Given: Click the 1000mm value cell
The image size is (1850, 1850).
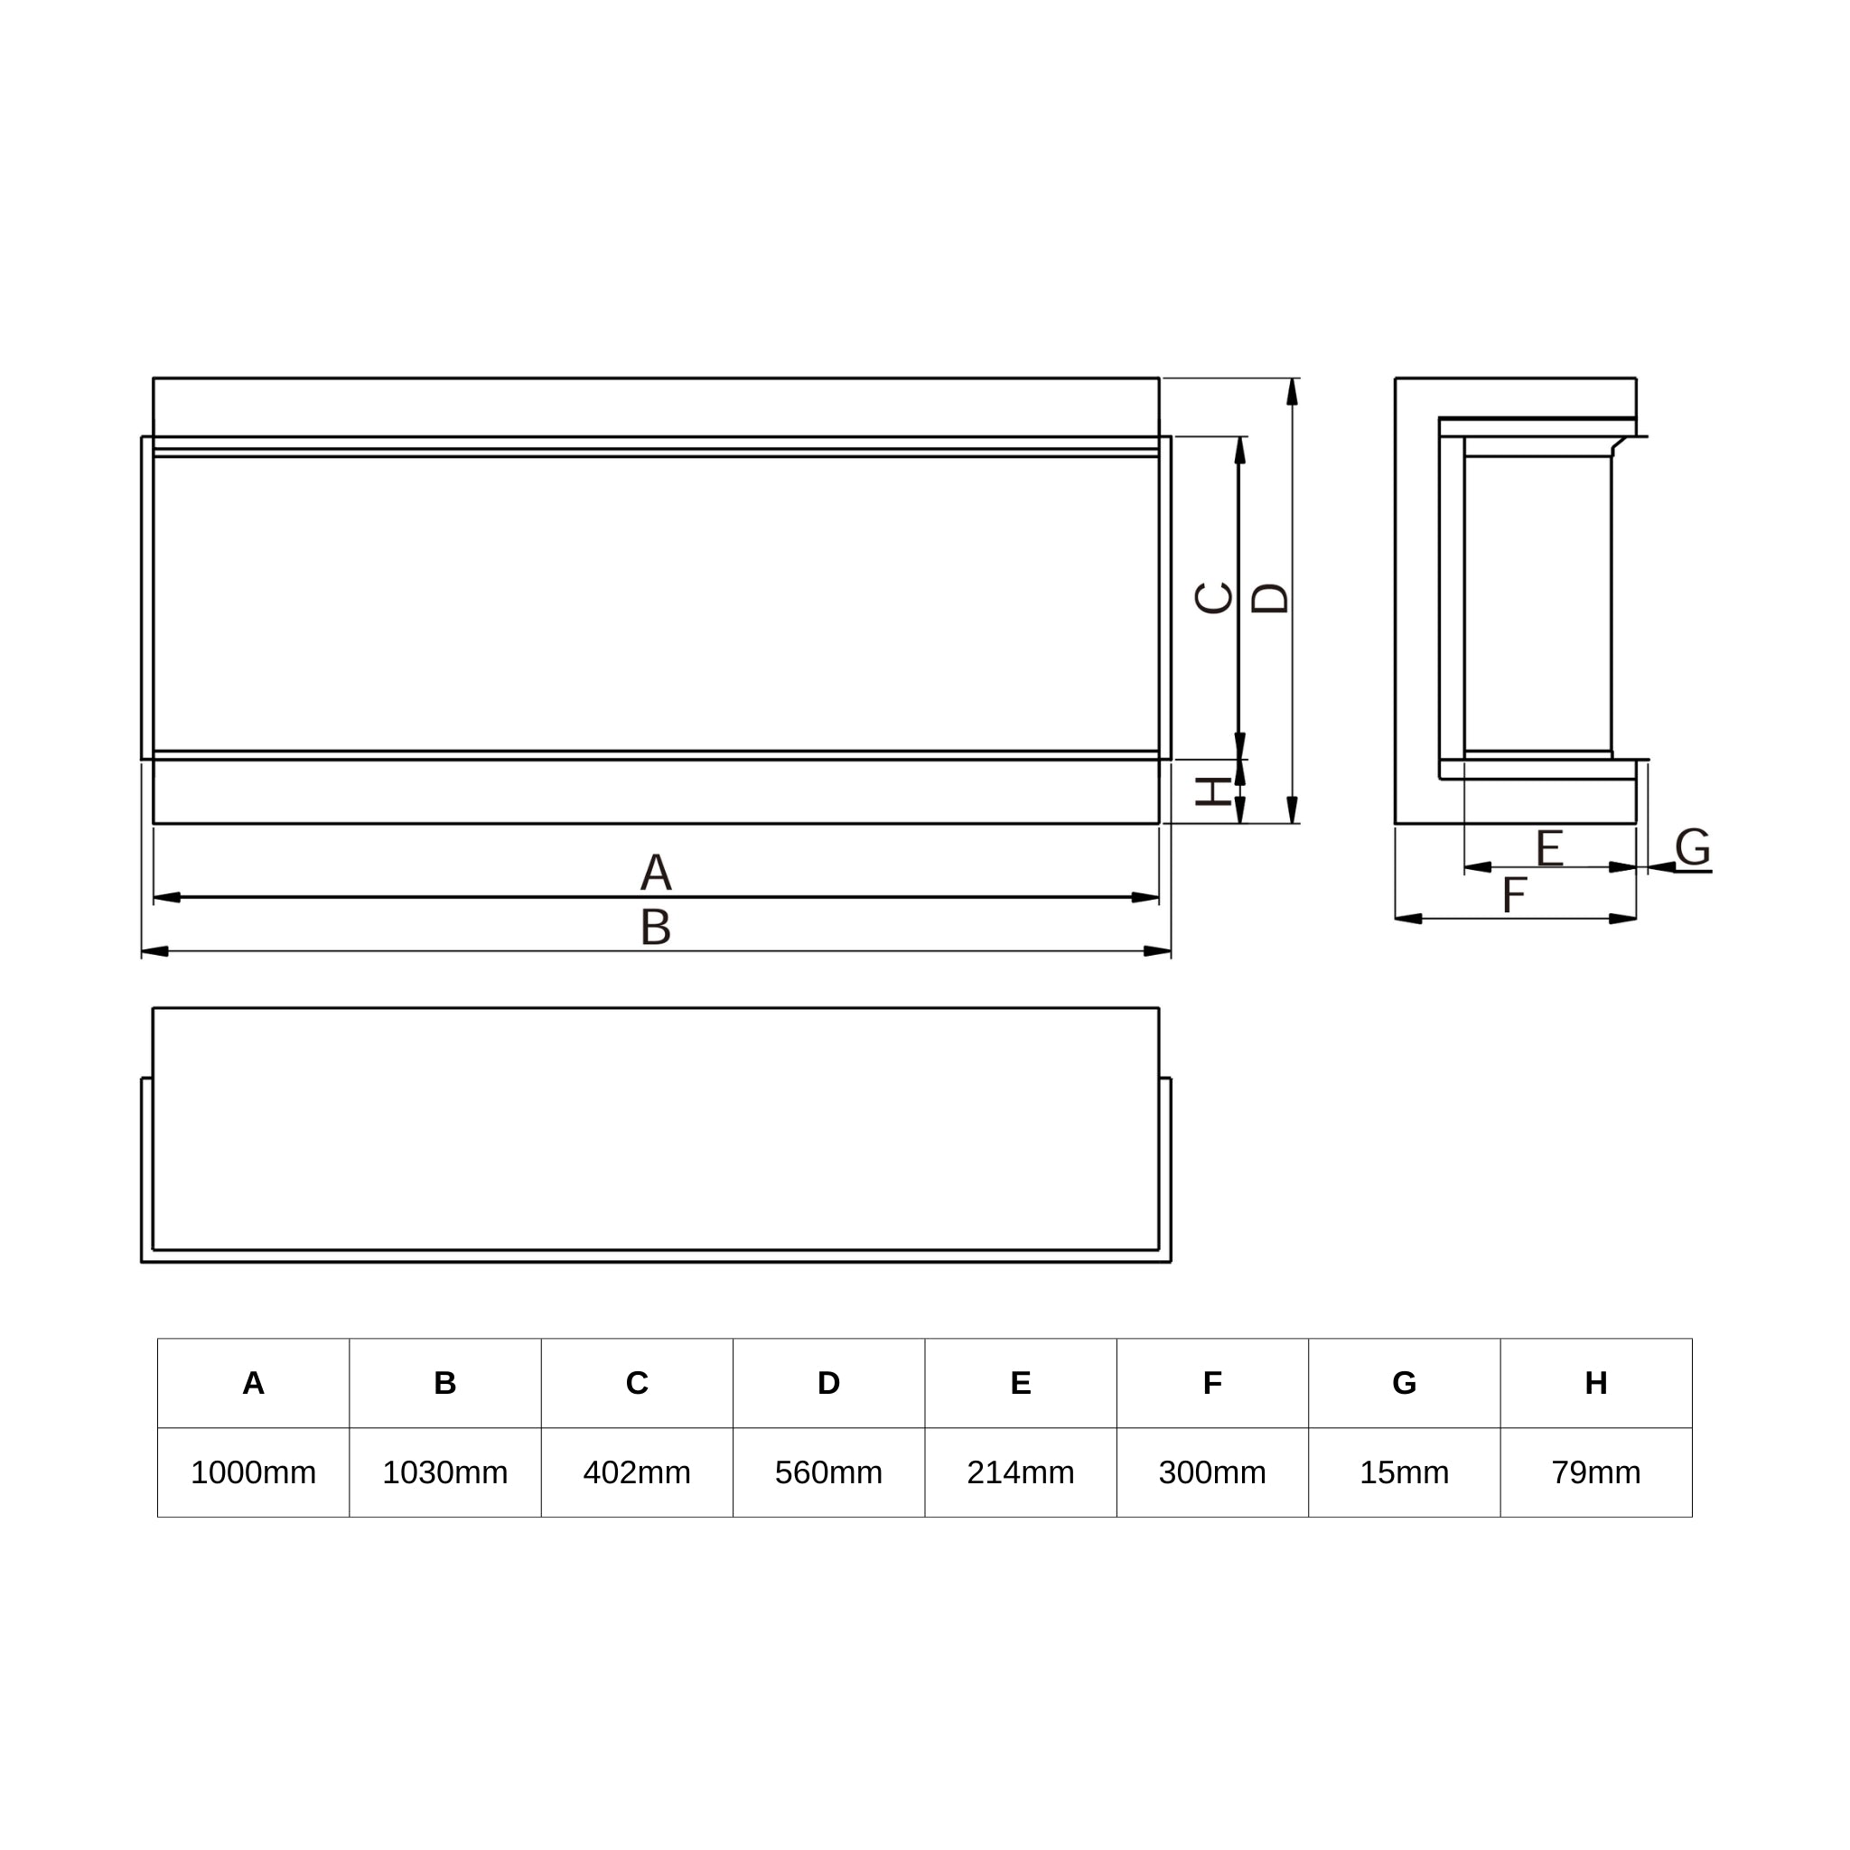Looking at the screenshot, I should click(253, 1472).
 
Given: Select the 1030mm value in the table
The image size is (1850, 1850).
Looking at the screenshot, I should click(444, 1472).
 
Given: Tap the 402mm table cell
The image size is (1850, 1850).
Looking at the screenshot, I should click(637, 1472).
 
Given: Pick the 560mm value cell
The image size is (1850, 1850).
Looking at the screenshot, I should click(828, 1472).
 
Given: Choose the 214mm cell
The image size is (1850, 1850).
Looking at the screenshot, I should click(1020, 1472).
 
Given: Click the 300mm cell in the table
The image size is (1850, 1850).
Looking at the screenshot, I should click(1211, 1472).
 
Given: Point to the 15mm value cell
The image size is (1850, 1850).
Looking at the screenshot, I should click(1404, 1472).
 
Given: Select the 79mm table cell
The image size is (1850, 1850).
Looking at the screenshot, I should click(1595, 1472).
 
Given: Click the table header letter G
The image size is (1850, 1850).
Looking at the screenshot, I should click(1404, 1383).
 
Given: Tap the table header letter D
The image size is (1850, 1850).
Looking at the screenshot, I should click(828, 1383).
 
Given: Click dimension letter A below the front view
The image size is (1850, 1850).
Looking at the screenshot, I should click(656, 872).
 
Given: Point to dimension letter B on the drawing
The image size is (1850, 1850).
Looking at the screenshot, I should click(656, 927).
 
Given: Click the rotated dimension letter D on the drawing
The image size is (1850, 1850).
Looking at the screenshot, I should click(1271, 599).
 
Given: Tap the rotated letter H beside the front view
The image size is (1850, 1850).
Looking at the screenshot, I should click(1214, 792).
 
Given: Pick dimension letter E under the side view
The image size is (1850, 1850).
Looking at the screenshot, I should click(1549, 847).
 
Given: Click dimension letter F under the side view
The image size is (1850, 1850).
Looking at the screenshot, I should click(1514, 895).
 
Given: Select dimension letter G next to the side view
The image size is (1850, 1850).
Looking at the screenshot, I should click(1693, 846).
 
